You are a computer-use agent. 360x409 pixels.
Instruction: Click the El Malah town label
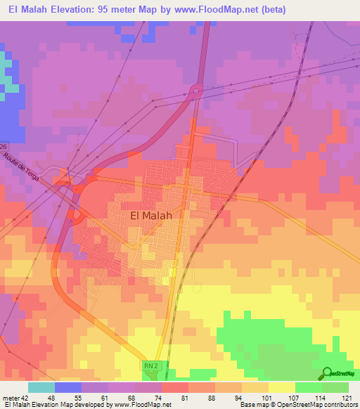[151, 216]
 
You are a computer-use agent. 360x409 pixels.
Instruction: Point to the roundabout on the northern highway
[195, 91]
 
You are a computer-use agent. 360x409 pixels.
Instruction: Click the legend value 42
[23, 397]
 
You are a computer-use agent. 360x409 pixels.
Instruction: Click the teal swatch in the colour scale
[41, 387]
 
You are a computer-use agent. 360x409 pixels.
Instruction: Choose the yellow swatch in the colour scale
[282, 387]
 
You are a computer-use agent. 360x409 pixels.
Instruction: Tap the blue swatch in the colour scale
[68, 387]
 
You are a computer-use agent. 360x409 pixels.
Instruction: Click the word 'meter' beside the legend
[9, 397]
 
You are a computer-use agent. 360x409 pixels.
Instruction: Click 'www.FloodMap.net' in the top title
[224, 9]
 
